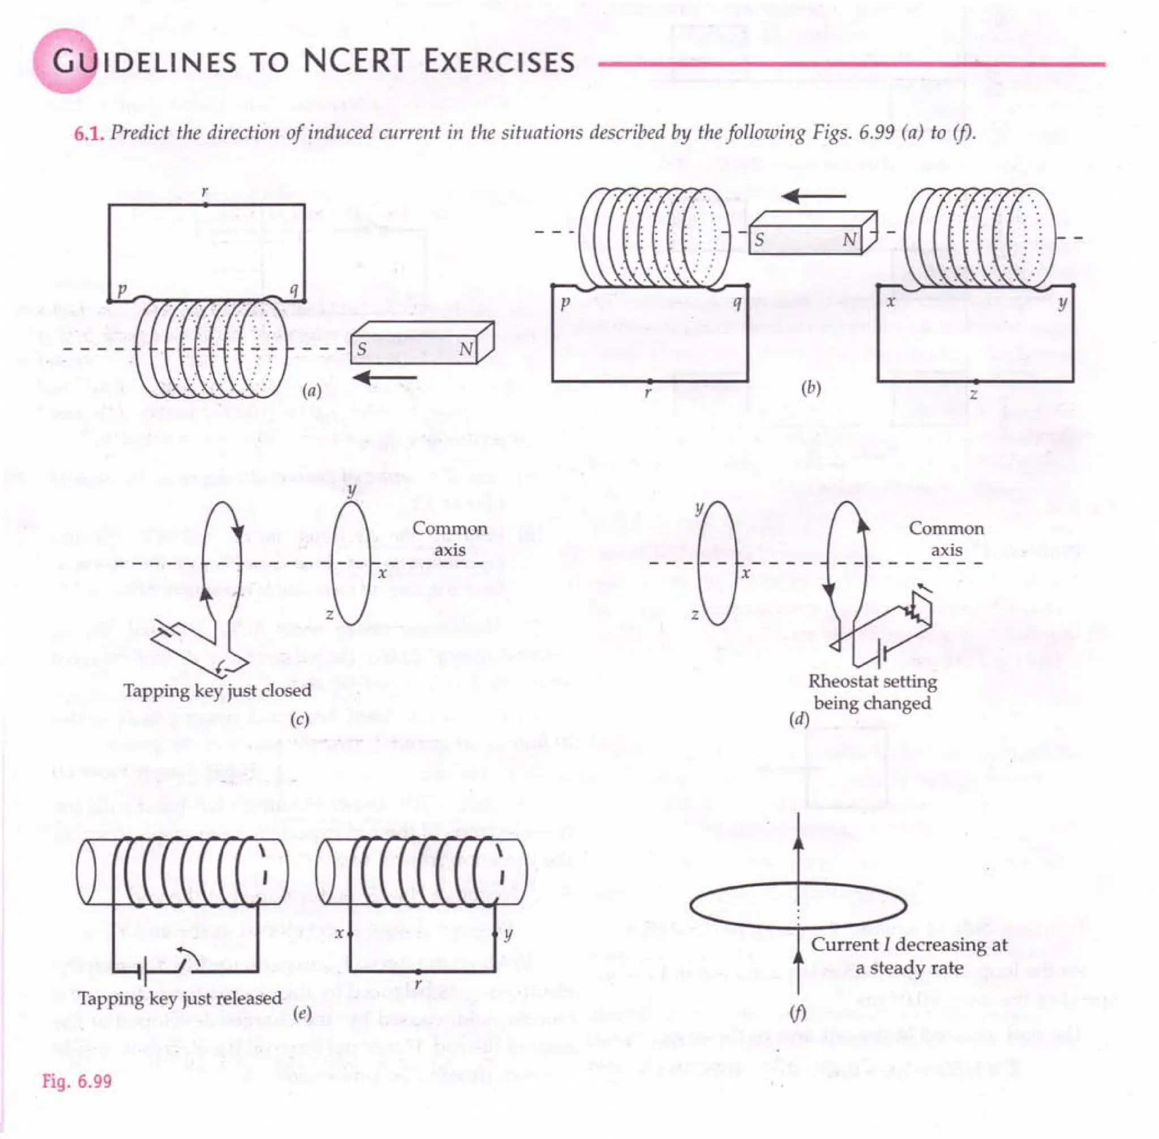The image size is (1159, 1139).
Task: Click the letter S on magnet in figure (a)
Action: pos(362,349)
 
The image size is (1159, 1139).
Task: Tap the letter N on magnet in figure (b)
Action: pos(849,241)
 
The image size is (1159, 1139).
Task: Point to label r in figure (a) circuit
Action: pos(204,192)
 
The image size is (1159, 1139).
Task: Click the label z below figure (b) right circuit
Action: pos(974,394)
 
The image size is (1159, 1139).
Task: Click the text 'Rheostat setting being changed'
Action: pos(872,692)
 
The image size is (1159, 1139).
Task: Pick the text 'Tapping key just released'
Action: pos(179,999)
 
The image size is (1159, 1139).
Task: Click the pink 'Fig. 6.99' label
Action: pos(76,1081)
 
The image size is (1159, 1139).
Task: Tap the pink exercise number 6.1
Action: pos(89,133)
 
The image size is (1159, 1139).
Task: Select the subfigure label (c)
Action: pos(298,720)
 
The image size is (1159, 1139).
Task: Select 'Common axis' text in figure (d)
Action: pos(946,539)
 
